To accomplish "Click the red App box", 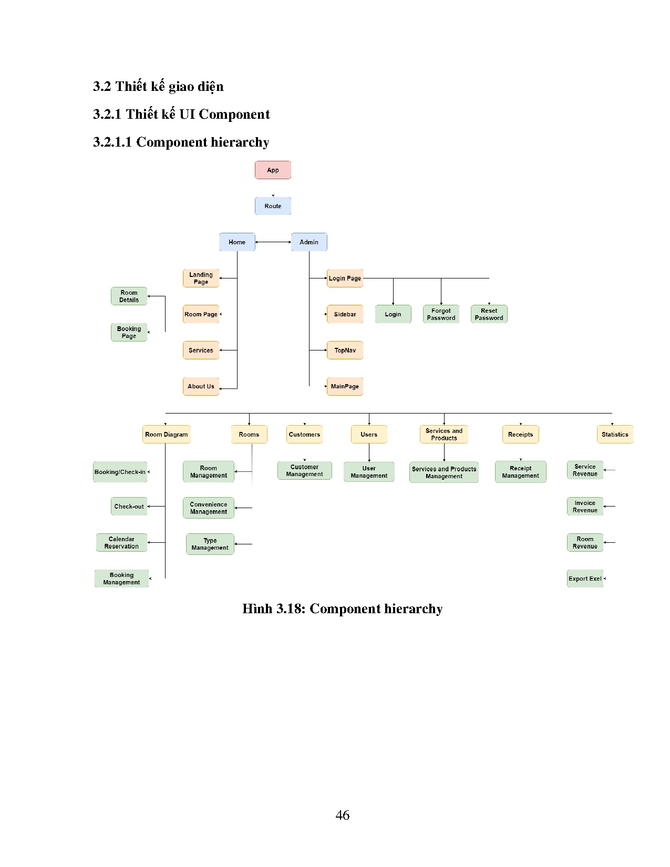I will tap(273, 170).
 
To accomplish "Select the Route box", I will tap(273, 206).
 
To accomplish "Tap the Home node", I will tap(237, 242).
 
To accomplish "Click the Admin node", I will tap(309, 242).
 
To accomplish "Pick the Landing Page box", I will tap(201, 278).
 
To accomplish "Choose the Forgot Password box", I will tap(441, 314).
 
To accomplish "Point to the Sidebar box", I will tap(345, 314).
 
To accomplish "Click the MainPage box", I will tap(345, 386).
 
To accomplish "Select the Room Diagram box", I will tap(166, 435).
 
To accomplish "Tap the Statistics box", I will tap(615, 435).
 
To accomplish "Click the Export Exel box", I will tap(585, 579).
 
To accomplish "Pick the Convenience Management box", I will tap(209, 508).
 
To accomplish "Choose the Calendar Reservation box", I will tap(121, 543).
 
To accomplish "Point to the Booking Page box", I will tap(129, 333).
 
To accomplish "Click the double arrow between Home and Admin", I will tap(273, 242).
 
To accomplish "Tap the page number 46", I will tap(342, 815).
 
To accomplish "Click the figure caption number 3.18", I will tap(290, 609).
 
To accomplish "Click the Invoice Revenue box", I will tap(585, 507).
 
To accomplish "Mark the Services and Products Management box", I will tap(444, 472).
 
